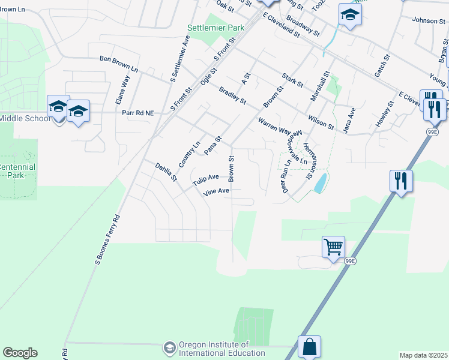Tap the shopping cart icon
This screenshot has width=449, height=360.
pos(333,246)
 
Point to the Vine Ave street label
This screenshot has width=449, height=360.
pos(217,191)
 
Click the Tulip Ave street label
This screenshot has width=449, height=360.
pos(205,178)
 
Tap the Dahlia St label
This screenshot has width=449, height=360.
pos(166,172)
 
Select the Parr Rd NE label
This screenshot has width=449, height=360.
pos(138,112)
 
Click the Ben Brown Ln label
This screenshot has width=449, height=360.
pos(118,63)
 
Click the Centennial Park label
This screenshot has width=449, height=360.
pos(17,171)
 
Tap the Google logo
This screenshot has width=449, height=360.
pos(20,353)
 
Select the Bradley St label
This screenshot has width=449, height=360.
pos(233,95)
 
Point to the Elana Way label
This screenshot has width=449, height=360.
pos(122,88)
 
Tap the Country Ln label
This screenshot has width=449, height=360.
pos(189,155)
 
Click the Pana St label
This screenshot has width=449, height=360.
pos(213,145)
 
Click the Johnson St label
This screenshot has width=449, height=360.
pos(428,20)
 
